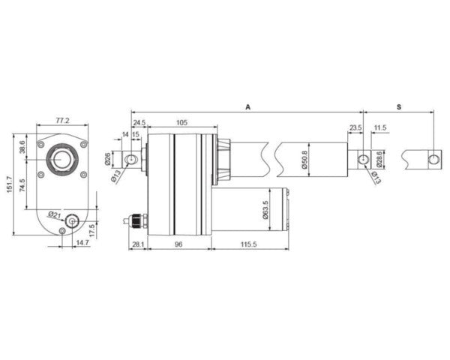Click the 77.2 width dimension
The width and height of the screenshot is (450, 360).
click(63, 120)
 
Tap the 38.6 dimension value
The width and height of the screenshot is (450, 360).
click(22, 147)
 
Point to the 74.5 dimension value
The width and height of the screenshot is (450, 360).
click(22, 184)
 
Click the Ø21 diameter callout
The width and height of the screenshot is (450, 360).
click(53, 214)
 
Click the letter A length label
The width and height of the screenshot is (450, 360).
click(247, 108)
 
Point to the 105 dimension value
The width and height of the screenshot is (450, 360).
click(181, 122)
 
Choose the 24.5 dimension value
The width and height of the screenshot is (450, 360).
click(139, 122)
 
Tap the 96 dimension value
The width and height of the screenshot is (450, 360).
click(179, 244)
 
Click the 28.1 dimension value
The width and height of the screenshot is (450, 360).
click(138, 244)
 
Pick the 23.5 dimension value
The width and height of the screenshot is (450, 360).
click(355, 128)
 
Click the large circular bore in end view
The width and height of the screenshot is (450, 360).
click(61, 159)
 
